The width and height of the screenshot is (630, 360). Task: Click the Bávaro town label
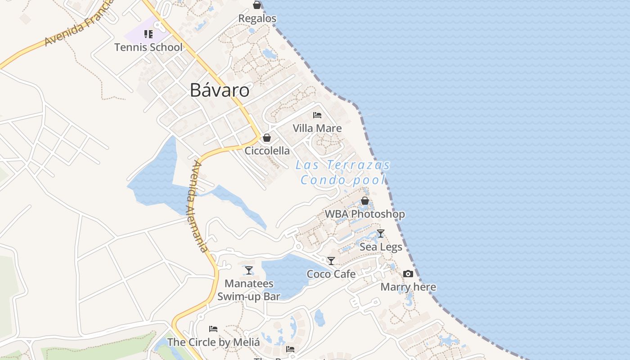tap(220, 90)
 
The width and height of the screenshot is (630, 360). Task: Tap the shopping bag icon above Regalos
tap(257, 5)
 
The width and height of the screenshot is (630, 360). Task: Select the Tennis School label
tap(148, 47)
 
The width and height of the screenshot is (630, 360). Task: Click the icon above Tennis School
tap(148, 34)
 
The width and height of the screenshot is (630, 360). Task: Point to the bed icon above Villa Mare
tap(317, 115)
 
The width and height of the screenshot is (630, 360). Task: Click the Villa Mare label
tap(317, 128)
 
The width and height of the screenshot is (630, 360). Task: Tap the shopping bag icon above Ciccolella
tap(267, 138)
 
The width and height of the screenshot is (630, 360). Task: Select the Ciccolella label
tap(267, 151)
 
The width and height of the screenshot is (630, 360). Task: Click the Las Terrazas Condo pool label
tap(343, 172)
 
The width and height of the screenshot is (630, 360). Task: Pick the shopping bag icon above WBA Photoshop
tap(365, 201)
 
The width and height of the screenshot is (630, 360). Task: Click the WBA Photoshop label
tap(365, 214)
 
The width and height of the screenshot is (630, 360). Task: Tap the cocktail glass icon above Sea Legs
tap(381, 233)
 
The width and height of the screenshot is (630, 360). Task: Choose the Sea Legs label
tap(381, 247)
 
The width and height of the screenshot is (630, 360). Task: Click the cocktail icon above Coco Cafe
tap(331, 261)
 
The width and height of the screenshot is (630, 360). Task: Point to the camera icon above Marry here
tap(408, 274)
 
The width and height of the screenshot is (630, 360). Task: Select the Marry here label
tap(408, 287)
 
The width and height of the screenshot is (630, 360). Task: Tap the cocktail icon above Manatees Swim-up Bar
tap(249, 270)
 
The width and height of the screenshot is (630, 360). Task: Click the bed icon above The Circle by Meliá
tap(213, 329)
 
